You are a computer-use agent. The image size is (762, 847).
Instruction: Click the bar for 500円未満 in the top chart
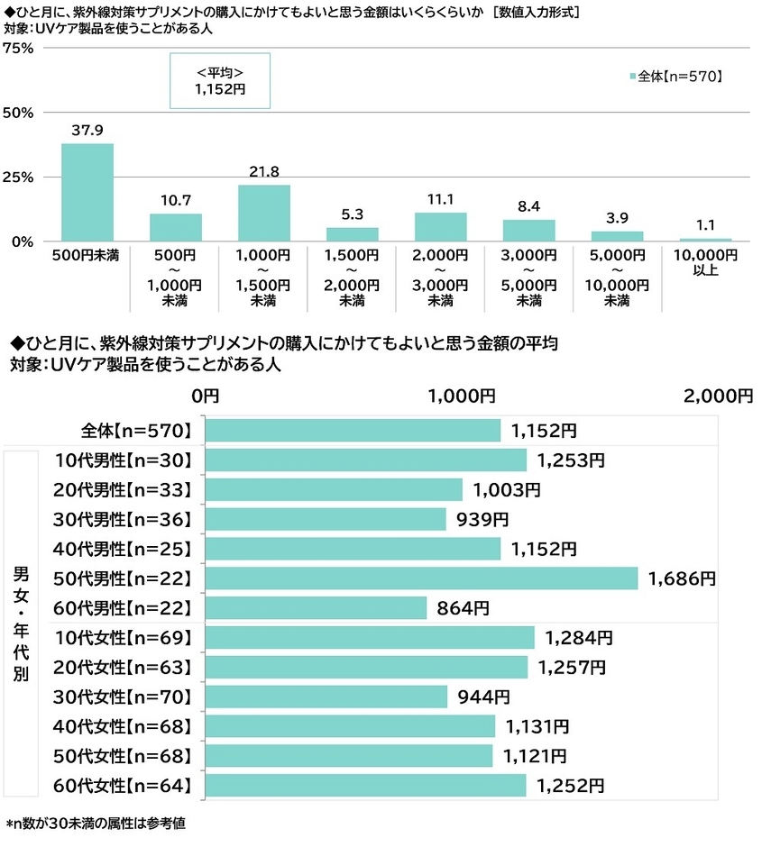(87, 192)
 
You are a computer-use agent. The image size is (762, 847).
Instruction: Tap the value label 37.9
(87, 130)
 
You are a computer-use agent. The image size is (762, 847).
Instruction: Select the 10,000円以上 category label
(705, 262)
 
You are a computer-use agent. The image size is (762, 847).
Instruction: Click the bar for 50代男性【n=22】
(421, 578)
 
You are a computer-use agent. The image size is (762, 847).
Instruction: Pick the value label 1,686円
(682, 578)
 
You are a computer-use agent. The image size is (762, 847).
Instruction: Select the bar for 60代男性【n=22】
(316, 608)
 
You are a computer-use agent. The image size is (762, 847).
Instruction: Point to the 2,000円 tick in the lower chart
(717, 396)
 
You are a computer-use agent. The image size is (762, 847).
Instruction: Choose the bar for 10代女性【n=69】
(370, 638)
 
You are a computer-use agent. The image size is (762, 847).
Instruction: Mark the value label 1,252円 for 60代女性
(571, 786)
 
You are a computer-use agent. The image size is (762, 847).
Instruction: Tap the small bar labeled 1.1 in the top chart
(705, 240)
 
